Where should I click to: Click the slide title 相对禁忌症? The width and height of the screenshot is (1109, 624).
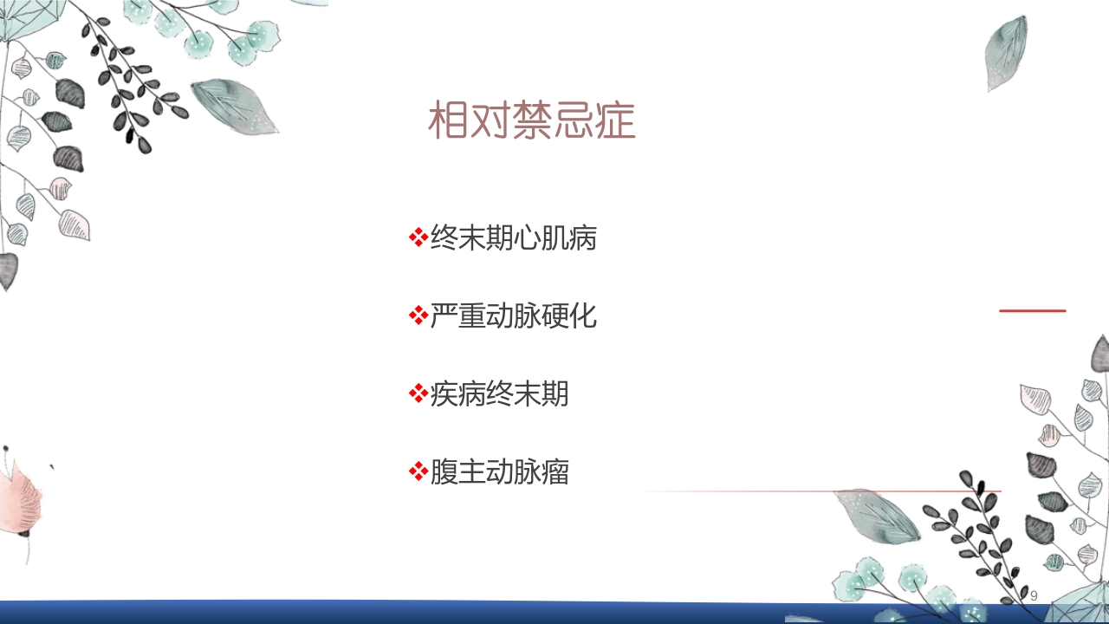click(x=532, y=122)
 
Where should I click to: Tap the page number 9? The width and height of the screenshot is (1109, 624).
click(x=1034, y=596)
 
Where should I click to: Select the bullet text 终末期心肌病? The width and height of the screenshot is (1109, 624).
click(x=513, y=238)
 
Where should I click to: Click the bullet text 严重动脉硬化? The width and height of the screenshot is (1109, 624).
click(x=513, y=316)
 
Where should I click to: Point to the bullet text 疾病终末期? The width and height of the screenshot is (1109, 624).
click(x=499, y=394)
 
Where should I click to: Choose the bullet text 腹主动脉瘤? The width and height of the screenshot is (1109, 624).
click(x=499, y=472)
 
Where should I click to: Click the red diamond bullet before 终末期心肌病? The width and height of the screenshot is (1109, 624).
click(x=418, y=237)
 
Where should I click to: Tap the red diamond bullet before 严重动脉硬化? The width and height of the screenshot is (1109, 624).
click(x=418, y=315)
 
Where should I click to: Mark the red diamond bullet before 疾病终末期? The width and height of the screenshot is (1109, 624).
click(x=418, y=393)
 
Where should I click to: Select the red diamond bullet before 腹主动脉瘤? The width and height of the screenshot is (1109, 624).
click(x=418, y=471)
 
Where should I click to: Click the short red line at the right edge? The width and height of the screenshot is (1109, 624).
click(x=1032, y=310)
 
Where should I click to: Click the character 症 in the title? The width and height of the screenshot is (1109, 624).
click(x=616, y=122)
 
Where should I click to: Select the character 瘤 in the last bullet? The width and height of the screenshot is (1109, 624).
click(x=555, y=472)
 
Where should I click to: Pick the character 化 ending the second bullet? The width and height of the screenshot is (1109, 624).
click(x=583, y=316)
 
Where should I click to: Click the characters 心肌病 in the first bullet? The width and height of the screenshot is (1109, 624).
click(x=554, y=238)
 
